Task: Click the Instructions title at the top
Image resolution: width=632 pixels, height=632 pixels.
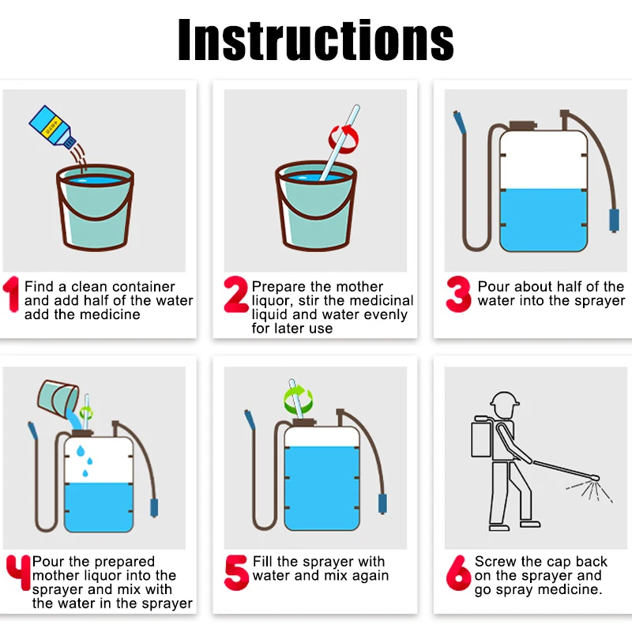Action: (x=316, y=40)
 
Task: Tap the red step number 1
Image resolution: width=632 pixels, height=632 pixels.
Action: (x=12, y=294)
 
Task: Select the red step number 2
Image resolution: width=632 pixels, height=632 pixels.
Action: (x=235, y=294)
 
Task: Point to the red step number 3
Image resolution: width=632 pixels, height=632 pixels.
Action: (x=458, y=294)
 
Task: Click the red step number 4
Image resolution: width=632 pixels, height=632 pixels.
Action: (x=18, y=572)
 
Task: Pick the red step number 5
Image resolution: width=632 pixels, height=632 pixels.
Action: (x=236, y=572)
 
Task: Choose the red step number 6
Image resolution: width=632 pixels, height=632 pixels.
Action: (x=458, y=573)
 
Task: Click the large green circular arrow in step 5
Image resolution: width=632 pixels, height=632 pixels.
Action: (x=298, y=400)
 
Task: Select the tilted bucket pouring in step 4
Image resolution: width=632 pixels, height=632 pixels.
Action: (x=58, y=397)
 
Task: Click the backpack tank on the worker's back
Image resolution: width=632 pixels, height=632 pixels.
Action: (x=482, y=438)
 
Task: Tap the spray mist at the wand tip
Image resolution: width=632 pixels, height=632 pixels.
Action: (x=590, y=491)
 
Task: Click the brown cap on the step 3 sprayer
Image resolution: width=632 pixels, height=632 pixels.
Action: (x=523, y=126)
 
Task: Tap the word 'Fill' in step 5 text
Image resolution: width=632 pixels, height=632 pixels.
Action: (x=262, y=562)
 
